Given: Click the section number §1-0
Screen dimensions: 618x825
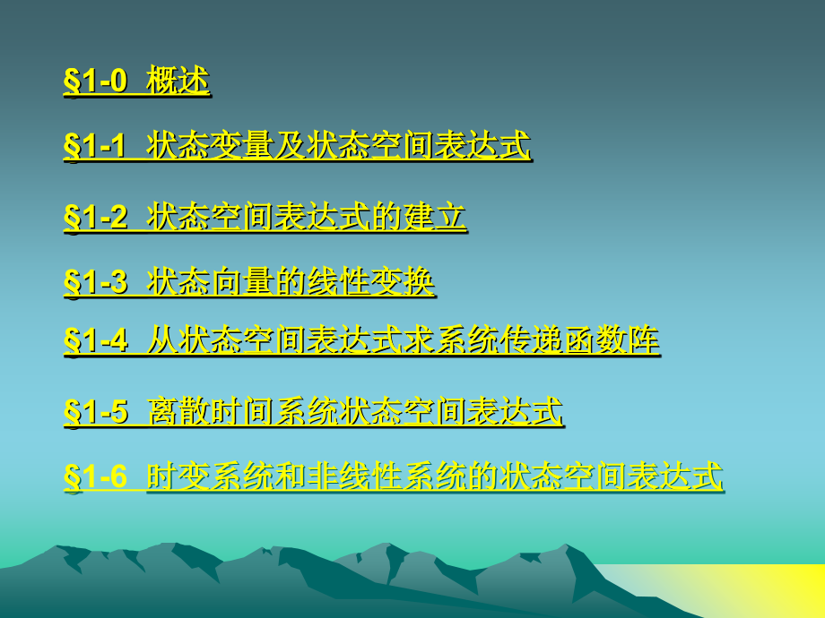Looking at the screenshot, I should pos(95,82).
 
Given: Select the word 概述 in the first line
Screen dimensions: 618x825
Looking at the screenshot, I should pos(178,81).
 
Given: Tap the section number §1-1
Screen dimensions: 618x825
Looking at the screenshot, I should pos(95,146).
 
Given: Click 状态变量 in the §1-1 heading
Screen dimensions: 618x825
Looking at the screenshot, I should pos(209,145).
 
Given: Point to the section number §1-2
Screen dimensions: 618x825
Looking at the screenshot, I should pos(95,218).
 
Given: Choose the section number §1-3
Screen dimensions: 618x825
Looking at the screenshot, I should pos(95,282).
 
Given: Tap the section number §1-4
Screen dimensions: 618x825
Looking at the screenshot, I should pos(95,340).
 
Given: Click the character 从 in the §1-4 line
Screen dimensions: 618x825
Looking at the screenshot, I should pos(161,340).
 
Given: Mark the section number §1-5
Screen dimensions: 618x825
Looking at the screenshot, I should pos(95,412).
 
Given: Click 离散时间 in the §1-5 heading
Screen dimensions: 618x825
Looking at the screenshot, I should pos(209,412).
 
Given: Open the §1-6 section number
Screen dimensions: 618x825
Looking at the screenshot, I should pos(95,476).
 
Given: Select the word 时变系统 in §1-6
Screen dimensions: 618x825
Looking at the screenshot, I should pos(209,476).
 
